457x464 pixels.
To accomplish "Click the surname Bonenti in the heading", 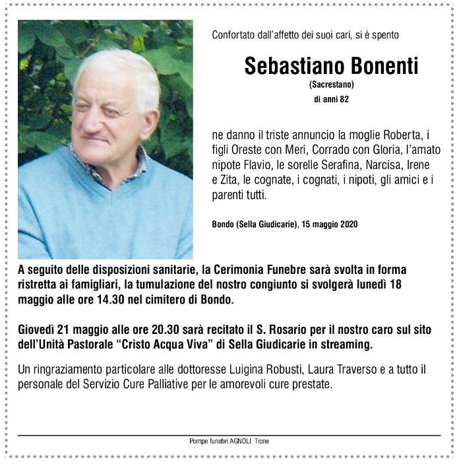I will click(x=378, y=66).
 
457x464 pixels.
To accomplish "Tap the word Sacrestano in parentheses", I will click(x=331, y=84).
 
